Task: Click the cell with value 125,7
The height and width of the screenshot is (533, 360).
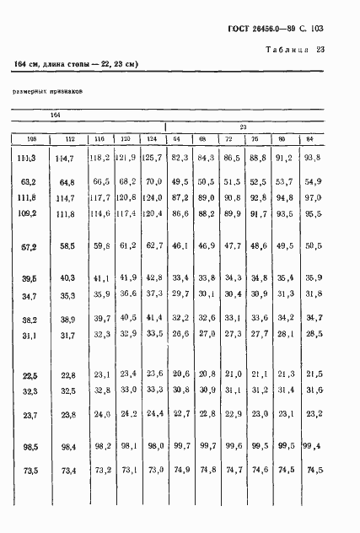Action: coord(152,157)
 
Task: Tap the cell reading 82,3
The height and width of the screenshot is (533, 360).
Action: coord(179,157)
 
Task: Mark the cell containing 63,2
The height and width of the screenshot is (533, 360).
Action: coord(30,181)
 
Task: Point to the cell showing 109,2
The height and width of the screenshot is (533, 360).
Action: coord(30,213)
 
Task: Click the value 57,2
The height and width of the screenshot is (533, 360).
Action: coord(30,246)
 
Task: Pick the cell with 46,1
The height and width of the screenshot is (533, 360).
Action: coord(179,246)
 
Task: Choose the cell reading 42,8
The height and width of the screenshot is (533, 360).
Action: coord(152,278)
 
